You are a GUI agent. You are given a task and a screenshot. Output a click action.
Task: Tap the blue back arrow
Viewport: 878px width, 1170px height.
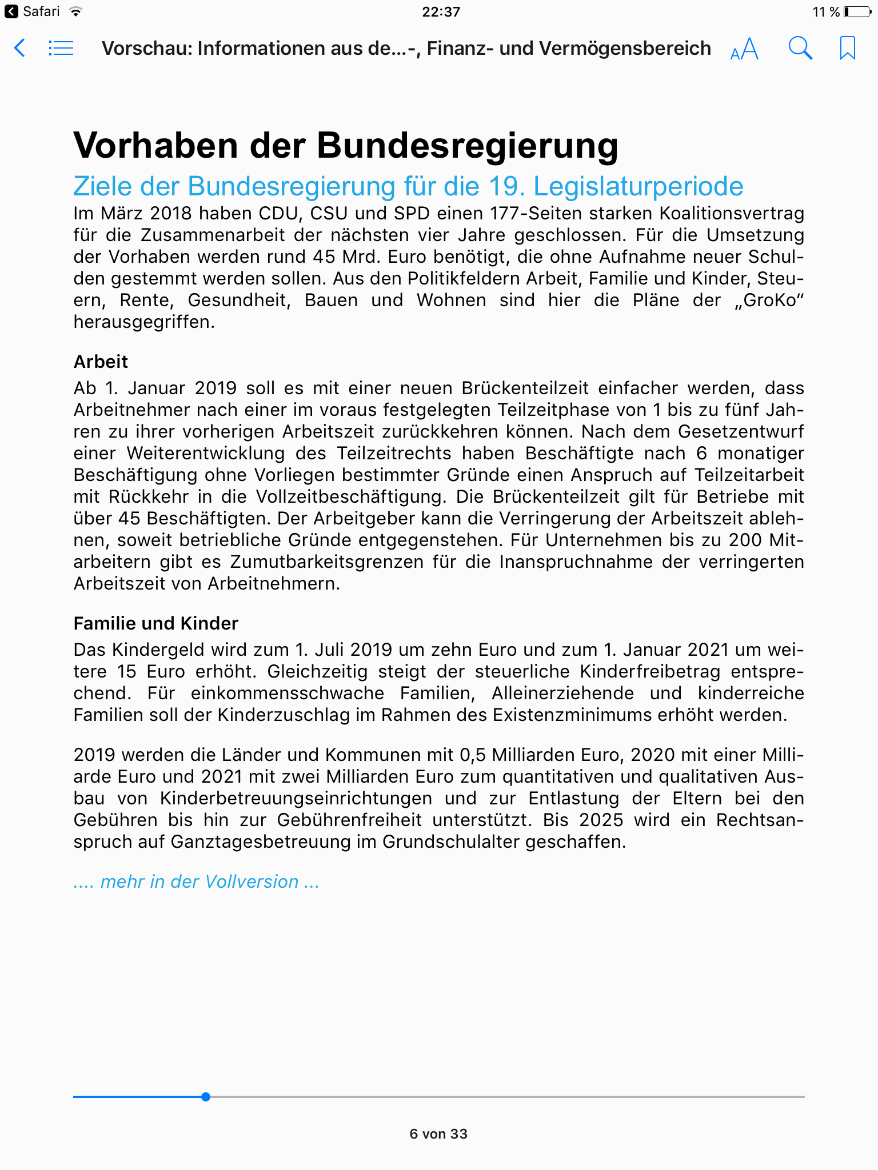[19, 48]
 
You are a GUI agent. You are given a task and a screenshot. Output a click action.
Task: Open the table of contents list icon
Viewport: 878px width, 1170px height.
[61, 48]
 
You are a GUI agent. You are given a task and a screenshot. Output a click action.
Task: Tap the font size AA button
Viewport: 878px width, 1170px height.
[744, 49]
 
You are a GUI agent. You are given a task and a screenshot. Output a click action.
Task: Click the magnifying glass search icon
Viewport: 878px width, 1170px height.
[800, 48]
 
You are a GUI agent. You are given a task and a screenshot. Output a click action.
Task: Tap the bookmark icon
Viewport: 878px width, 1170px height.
[847, 48]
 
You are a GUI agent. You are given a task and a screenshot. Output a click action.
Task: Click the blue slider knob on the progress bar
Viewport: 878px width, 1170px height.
[206, 1097]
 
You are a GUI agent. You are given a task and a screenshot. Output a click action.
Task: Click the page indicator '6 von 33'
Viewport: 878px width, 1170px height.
[438, 1134]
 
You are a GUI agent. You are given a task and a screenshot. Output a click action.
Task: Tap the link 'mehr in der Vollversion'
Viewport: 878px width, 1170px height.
[199, 881]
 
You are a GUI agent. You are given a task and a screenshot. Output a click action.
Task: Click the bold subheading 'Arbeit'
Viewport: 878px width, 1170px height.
[101, 362]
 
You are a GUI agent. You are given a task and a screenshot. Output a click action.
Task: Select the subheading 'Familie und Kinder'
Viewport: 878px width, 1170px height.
[155, 623]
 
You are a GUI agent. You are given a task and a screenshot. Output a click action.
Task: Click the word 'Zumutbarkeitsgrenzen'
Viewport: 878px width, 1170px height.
[327, 562]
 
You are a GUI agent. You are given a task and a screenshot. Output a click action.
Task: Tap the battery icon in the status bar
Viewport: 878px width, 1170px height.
[857, 12]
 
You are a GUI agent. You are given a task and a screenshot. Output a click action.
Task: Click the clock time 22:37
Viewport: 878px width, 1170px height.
[441, 12]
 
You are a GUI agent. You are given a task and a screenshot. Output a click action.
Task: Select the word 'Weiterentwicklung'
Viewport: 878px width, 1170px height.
[206, 454]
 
